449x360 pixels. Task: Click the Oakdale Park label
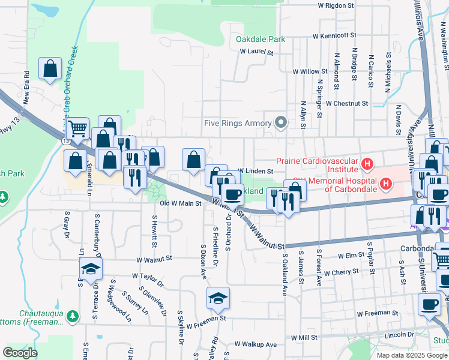[260, 39]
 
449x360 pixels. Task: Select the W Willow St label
[310, 71]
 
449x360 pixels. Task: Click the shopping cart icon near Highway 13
[76, 128]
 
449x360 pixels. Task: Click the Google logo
[20, 352]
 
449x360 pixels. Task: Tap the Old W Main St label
[180, 203]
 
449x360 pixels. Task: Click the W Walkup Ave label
[255, 344]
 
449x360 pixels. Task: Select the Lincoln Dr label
[400, 334]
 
